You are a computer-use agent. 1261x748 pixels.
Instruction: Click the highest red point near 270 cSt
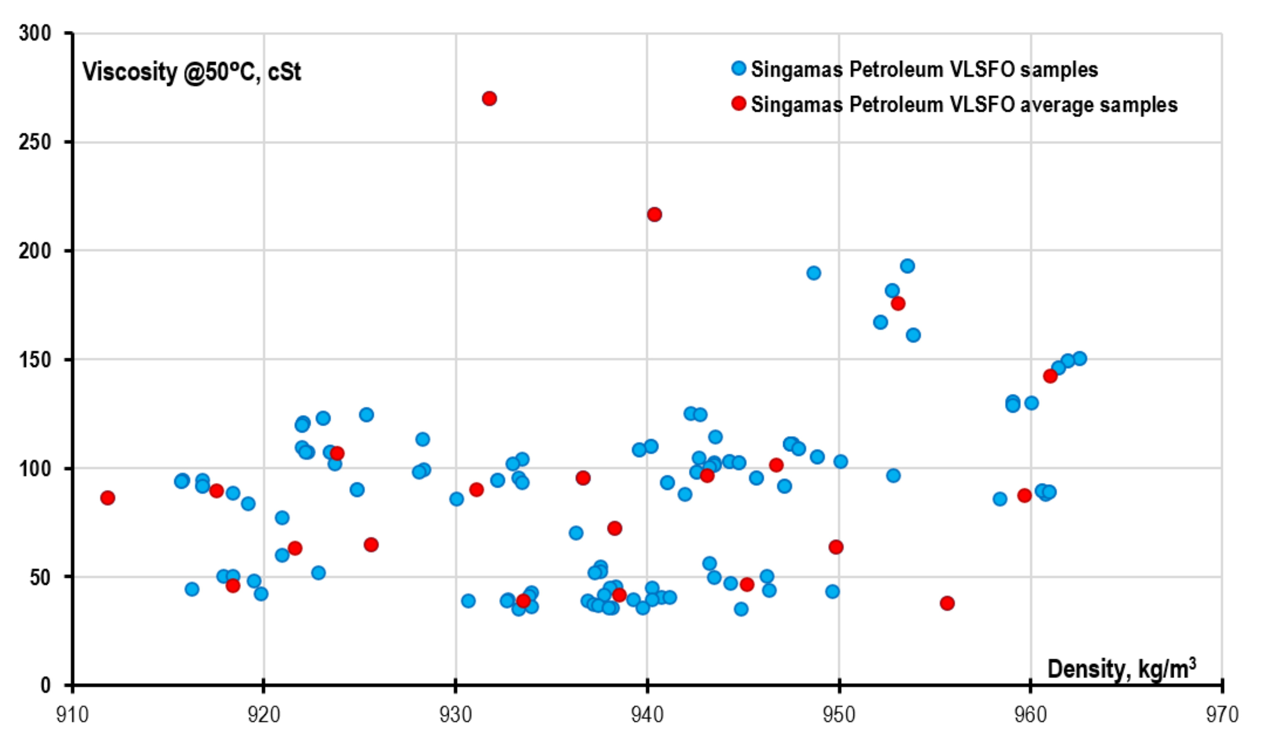pos(489,98)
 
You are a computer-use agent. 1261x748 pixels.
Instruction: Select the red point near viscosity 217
pos(654,214)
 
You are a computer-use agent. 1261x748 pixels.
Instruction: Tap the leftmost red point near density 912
pos(107,497)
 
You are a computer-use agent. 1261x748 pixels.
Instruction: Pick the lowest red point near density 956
pos(947,603)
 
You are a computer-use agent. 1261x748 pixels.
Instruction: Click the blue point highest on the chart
pos(907,266)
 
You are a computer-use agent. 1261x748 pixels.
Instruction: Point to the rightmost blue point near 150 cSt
pos(1080,358)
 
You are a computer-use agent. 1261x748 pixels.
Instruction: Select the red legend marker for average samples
pos(739,104)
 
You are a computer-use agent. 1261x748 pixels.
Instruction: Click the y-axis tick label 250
pos(35,142)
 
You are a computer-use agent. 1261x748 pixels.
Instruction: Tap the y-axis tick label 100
pos(35,468)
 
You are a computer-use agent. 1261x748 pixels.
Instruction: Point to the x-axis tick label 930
pos(455,715)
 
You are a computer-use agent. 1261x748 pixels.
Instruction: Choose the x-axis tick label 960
pos(1031,715)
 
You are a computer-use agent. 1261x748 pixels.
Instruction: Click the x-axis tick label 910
pos(72,715)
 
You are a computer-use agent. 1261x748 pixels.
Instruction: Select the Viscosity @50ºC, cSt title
pos(191,72)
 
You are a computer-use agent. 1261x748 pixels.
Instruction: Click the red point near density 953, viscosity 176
pos(898,303)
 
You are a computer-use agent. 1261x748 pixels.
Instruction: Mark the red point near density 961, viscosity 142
pos(1050,376)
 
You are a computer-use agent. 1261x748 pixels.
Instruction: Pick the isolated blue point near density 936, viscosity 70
pos(576,533)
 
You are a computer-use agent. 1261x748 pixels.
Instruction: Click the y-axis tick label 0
pos(45,685)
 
